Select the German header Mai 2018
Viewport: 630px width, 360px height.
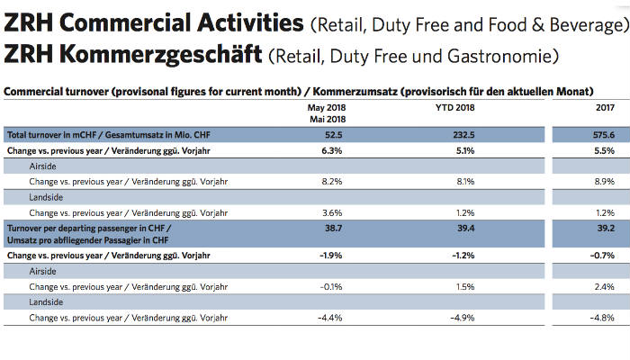point(328,118)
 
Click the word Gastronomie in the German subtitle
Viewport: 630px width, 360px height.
point(507,58)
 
